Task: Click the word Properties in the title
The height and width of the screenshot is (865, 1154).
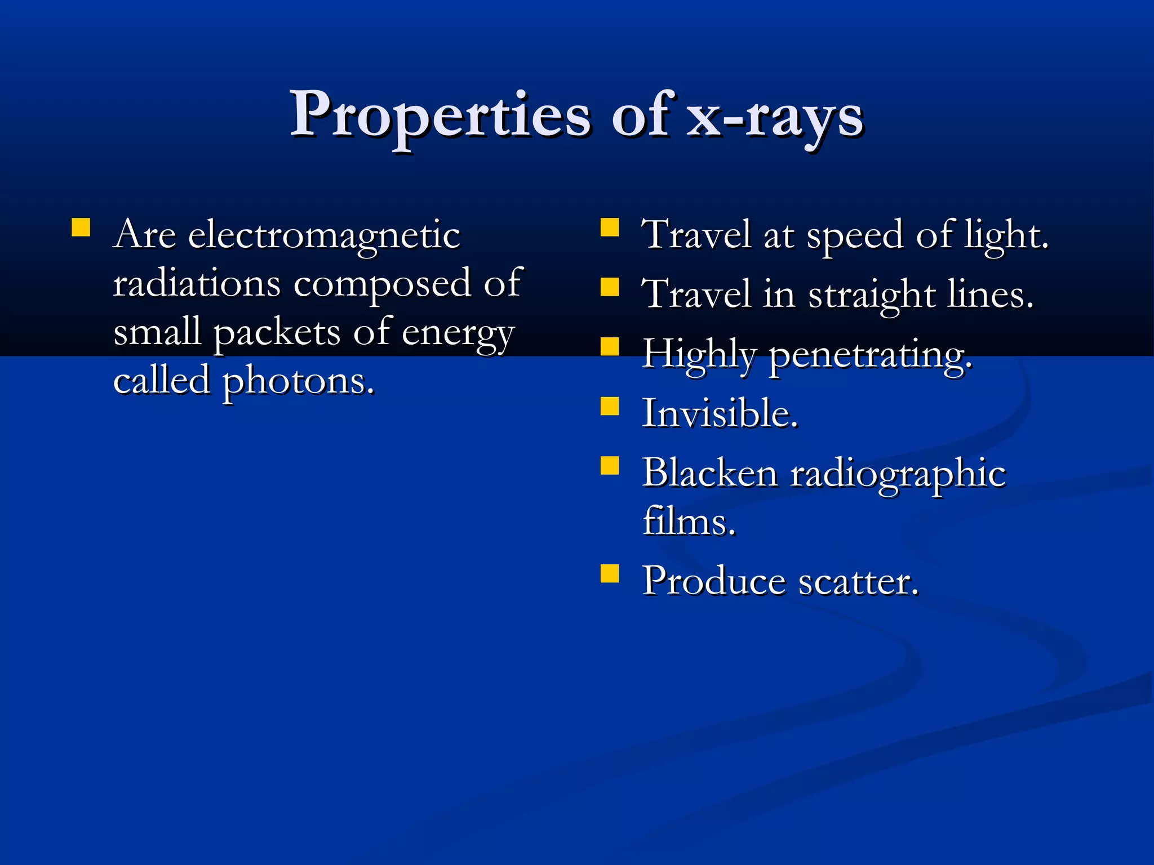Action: [x=440, y=116]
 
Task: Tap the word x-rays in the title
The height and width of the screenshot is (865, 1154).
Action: [x=775, y=118]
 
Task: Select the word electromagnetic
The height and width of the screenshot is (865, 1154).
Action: [x=324, y=235]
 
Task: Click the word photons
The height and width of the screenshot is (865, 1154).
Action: [x=299, y=382]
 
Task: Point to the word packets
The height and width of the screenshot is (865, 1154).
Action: [x=277, y=333]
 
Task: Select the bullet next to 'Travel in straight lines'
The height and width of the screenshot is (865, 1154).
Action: [x=610, y=287]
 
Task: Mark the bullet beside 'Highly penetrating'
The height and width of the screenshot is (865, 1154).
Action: [x=610, y=346]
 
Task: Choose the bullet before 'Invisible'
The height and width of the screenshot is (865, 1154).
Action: [x=610, y=406]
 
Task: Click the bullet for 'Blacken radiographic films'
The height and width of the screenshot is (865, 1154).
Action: [x=610, y=466]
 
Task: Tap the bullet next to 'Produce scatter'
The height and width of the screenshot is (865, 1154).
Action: [x=610, y=573]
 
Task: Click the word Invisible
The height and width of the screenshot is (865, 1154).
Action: [x=720, y=413]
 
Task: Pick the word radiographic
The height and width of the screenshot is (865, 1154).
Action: [x=898, y=474]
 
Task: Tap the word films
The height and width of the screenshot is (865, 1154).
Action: [x=689, y=521]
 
